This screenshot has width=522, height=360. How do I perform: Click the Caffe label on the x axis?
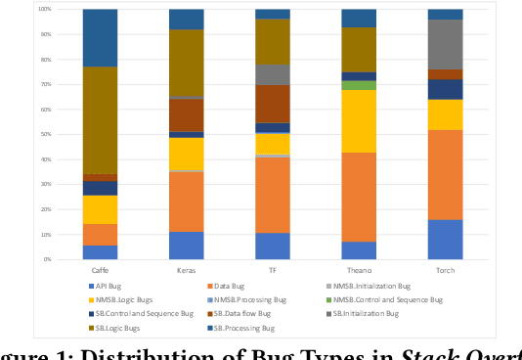[x=100, y=269]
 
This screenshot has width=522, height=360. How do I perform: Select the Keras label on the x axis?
[x=187, y=269]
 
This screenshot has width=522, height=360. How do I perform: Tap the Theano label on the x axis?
[x=359, y=269]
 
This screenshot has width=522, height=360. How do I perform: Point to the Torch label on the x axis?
[x=445, y=269]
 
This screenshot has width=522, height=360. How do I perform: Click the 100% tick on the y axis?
[x=44, y=10]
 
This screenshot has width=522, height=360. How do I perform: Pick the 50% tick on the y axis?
[x=46, y=135]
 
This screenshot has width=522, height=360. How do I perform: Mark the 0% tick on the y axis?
[x=48, y=260]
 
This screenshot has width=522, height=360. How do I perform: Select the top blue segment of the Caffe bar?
[x=100, y=38]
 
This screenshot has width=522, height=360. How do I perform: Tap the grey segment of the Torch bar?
[x=445, y=44]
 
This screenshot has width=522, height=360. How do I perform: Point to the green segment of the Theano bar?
[x=359, y=85]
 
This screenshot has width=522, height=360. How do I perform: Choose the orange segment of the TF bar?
[x=273, y=195]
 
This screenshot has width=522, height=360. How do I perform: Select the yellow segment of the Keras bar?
[x=187, y=154]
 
